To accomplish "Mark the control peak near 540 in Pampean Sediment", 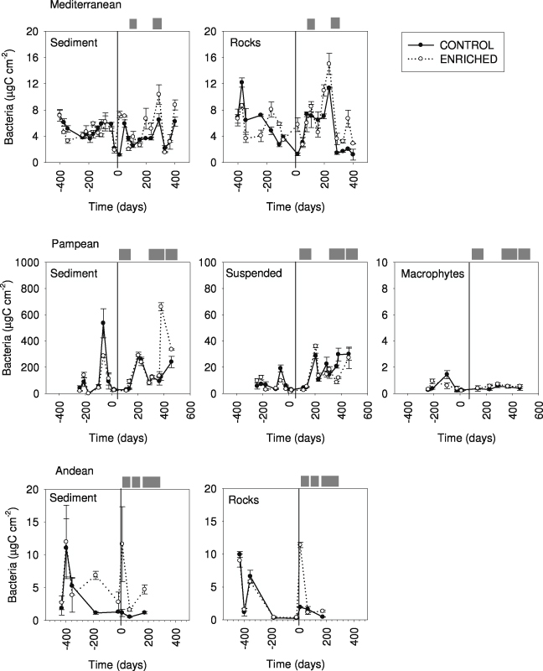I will [103, 323].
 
